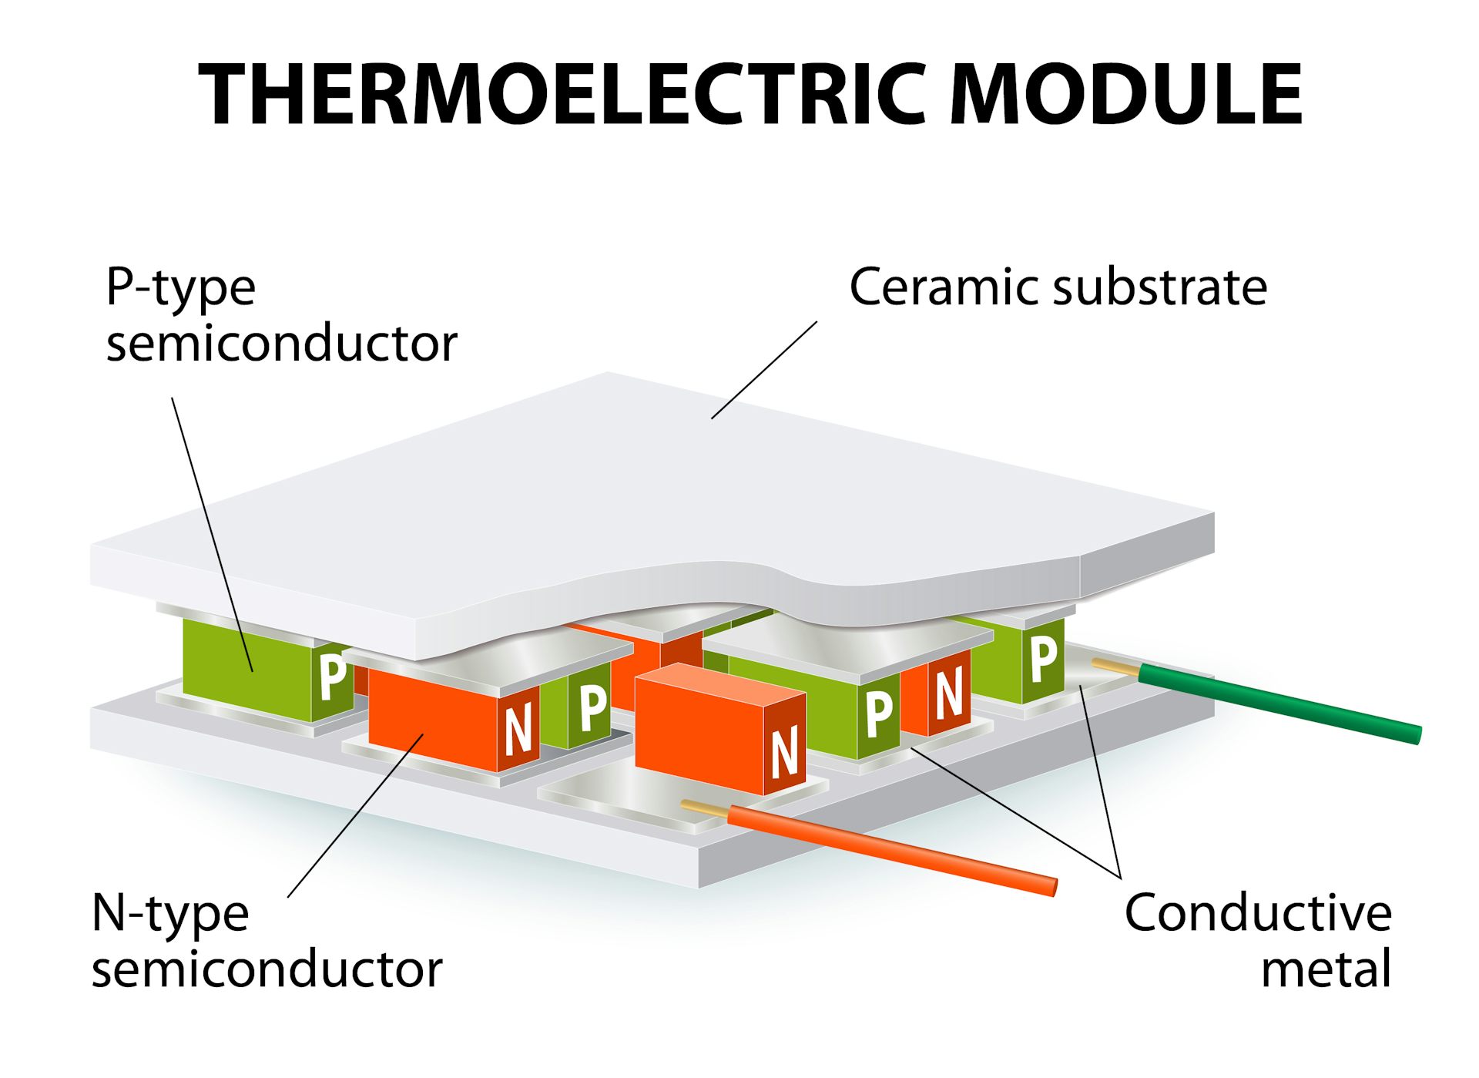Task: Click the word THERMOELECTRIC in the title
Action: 562,94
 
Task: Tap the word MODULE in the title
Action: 1126,94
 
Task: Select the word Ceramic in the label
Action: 944,287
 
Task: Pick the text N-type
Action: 170,915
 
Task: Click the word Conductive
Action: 1258,913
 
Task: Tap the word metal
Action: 1326,969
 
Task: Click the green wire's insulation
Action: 1279,704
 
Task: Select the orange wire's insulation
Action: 894,850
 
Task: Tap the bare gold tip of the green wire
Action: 1114,667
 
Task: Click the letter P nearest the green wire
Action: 1044,660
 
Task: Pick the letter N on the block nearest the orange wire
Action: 784,753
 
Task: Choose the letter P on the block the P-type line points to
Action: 332,677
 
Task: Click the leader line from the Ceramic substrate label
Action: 764,370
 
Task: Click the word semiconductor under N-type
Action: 267,969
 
